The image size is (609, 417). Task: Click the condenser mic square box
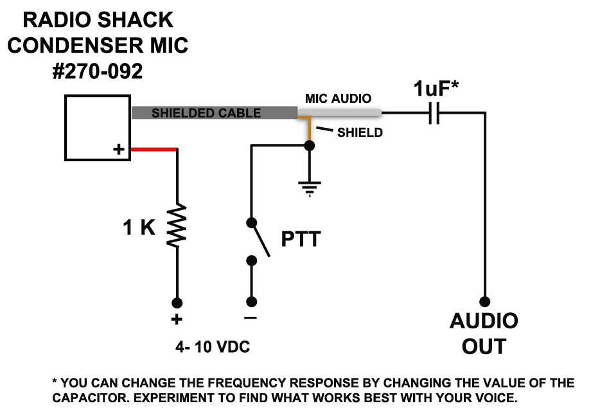click(x=97, y=128)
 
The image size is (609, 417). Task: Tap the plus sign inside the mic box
click(x=119, y=150)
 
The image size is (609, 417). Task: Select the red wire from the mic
click(x=154, y=150)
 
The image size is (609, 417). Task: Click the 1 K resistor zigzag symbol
click(x=177, y=226)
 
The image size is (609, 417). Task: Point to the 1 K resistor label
click(x=139, y=227)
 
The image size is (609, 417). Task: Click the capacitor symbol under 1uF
click(x=434, y=113)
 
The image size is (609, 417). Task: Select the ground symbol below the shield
click(x=309, y=187)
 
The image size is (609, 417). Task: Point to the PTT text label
click(x=301, y=240)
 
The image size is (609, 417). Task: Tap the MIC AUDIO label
click(x=338, y=99)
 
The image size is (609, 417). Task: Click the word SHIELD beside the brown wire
click(x=360, y=133)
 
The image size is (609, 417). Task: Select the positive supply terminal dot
click(x=177, y=302)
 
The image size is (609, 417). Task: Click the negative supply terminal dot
click(x=251, y=302)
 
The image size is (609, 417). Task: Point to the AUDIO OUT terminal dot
click(x=484, y=301)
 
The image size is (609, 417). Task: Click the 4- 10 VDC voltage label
click(x=213, y=348)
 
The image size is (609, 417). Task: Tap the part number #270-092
click(x=98, y=71)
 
